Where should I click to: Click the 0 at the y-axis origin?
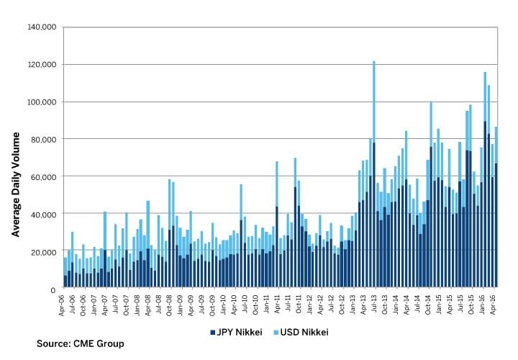(x=54, y=288)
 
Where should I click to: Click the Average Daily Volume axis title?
(x=15, y=158)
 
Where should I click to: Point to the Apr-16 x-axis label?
(x=496, y=303)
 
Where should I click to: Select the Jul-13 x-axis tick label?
(x=374, y=303)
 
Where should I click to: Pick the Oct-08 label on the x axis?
(x=170, y=303)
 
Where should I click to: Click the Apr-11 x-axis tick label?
(x=277, y=303)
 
